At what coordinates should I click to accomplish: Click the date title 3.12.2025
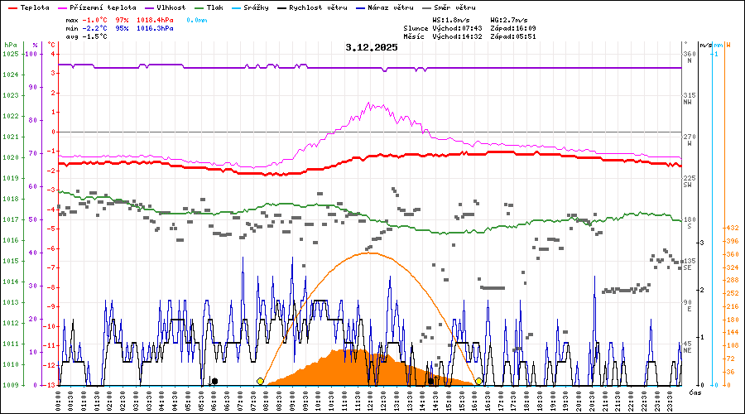tap(372, 47)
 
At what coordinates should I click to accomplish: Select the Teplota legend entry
tap(29, 7)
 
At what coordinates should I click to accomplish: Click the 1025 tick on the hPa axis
tap(10, 54)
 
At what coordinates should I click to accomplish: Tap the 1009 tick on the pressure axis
tap(10, 385)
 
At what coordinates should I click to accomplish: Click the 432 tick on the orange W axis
tap(732, 228)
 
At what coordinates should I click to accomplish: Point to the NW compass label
tap(687, 102)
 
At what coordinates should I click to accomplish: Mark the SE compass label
tap(687, 267)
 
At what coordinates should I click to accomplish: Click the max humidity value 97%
tap(122, 19)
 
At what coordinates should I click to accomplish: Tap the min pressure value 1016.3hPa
tap(155, 28)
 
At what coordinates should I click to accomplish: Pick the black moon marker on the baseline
tap(214, 381)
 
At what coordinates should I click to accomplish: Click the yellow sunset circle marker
tap(478, 381)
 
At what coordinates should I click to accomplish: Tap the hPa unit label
tap(10, 45)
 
